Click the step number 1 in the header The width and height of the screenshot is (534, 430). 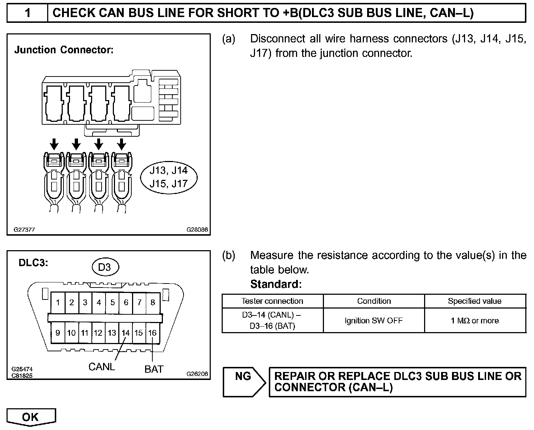28,13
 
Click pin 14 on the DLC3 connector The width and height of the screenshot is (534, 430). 126,332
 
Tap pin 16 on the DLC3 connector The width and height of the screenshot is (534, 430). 152,332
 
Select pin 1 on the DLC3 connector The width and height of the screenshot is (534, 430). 58,302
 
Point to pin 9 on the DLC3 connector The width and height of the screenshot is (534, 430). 58,332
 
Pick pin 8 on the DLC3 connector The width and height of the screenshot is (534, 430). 153,302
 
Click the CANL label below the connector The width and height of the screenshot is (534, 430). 102,367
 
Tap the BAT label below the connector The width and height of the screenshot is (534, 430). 154,369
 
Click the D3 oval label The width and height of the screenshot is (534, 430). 104,267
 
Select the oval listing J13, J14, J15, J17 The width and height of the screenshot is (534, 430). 169,177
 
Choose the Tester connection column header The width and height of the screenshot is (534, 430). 272,301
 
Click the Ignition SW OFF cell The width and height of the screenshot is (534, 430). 374,321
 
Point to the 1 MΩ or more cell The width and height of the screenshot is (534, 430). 475,321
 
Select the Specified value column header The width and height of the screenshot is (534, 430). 475,301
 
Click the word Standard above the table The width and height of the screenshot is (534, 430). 276,284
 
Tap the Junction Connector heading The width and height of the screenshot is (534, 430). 64,50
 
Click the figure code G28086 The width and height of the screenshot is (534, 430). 197,230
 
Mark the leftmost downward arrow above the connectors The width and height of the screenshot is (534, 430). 54,144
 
